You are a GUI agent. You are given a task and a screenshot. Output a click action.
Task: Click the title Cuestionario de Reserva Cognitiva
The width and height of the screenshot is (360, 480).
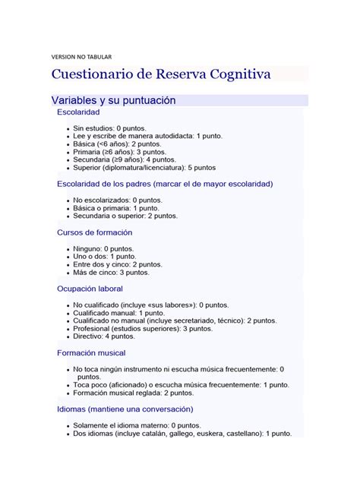(160, 75)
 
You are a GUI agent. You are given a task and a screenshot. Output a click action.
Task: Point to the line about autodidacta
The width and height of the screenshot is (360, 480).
(147, 136)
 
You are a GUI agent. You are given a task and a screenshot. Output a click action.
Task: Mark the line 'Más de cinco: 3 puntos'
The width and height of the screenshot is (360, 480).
(111, 272)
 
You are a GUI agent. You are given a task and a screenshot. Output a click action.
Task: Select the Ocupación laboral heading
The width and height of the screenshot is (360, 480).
(90, 289)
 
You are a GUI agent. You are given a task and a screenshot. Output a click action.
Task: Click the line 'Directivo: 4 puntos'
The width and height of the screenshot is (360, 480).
(104, 336)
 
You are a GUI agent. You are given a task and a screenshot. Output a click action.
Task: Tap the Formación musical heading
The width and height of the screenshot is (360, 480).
(91, 352)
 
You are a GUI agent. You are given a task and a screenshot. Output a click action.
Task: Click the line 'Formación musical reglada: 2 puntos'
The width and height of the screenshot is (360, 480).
(134, 393)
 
